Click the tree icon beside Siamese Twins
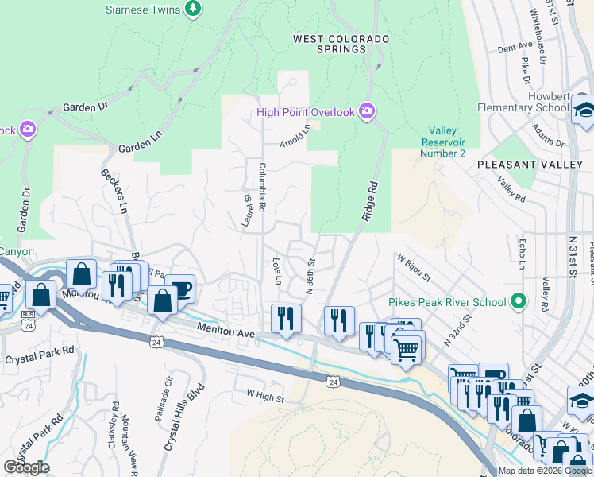(192, 9)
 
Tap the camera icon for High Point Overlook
(366, 111)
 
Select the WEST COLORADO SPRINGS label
(341, 44)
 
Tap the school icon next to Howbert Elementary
(584, 111)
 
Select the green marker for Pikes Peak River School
(519, 301)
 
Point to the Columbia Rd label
(262, 187)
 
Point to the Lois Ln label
(277, 271)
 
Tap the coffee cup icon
(180, 289)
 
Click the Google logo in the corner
(26, 467)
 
